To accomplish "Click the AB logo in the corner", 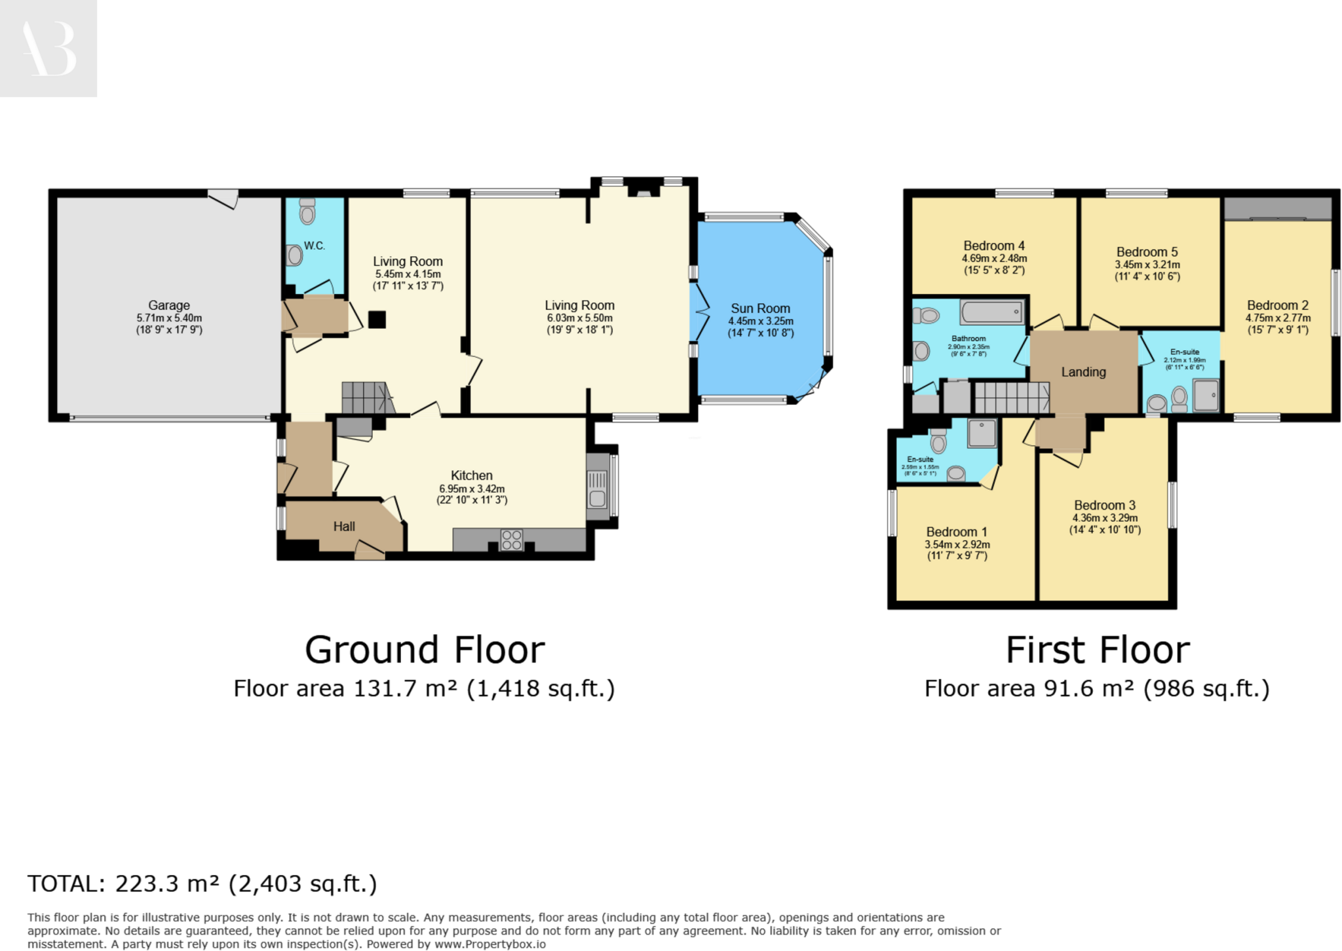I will [48, 48].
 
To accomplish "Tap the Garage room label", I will [169, 305].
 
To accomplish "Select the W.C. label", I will [315, 246].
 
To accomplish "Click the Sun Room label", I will [760, 308].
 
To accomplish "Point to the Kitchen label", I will [471, 475].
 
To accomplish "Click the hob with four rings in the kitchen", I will [512, 540].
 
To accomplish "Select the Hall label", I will [344, 527].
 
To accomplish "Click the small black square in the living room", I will [377, 320].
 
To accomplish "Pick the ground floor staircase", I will [366, 398].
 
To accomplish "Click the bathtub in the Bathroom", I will [992, 312].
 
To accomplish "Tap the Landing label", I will [1083, 372].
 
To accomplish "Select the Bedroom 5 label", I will [1147, 252].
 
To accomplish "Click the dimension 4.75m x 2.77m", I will [1278, 318].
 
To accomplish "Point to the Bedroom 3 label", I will [1105, 505].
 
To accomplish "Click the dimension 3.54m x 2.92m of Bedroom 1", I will [957, 544].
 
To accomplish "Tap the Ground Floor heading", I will [425, 650].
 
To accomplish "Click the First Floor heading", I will [1098, 650].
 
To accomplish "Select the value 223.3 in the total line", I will [147, 884].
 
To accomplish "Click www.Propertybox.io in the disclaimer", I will [489, 944].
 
